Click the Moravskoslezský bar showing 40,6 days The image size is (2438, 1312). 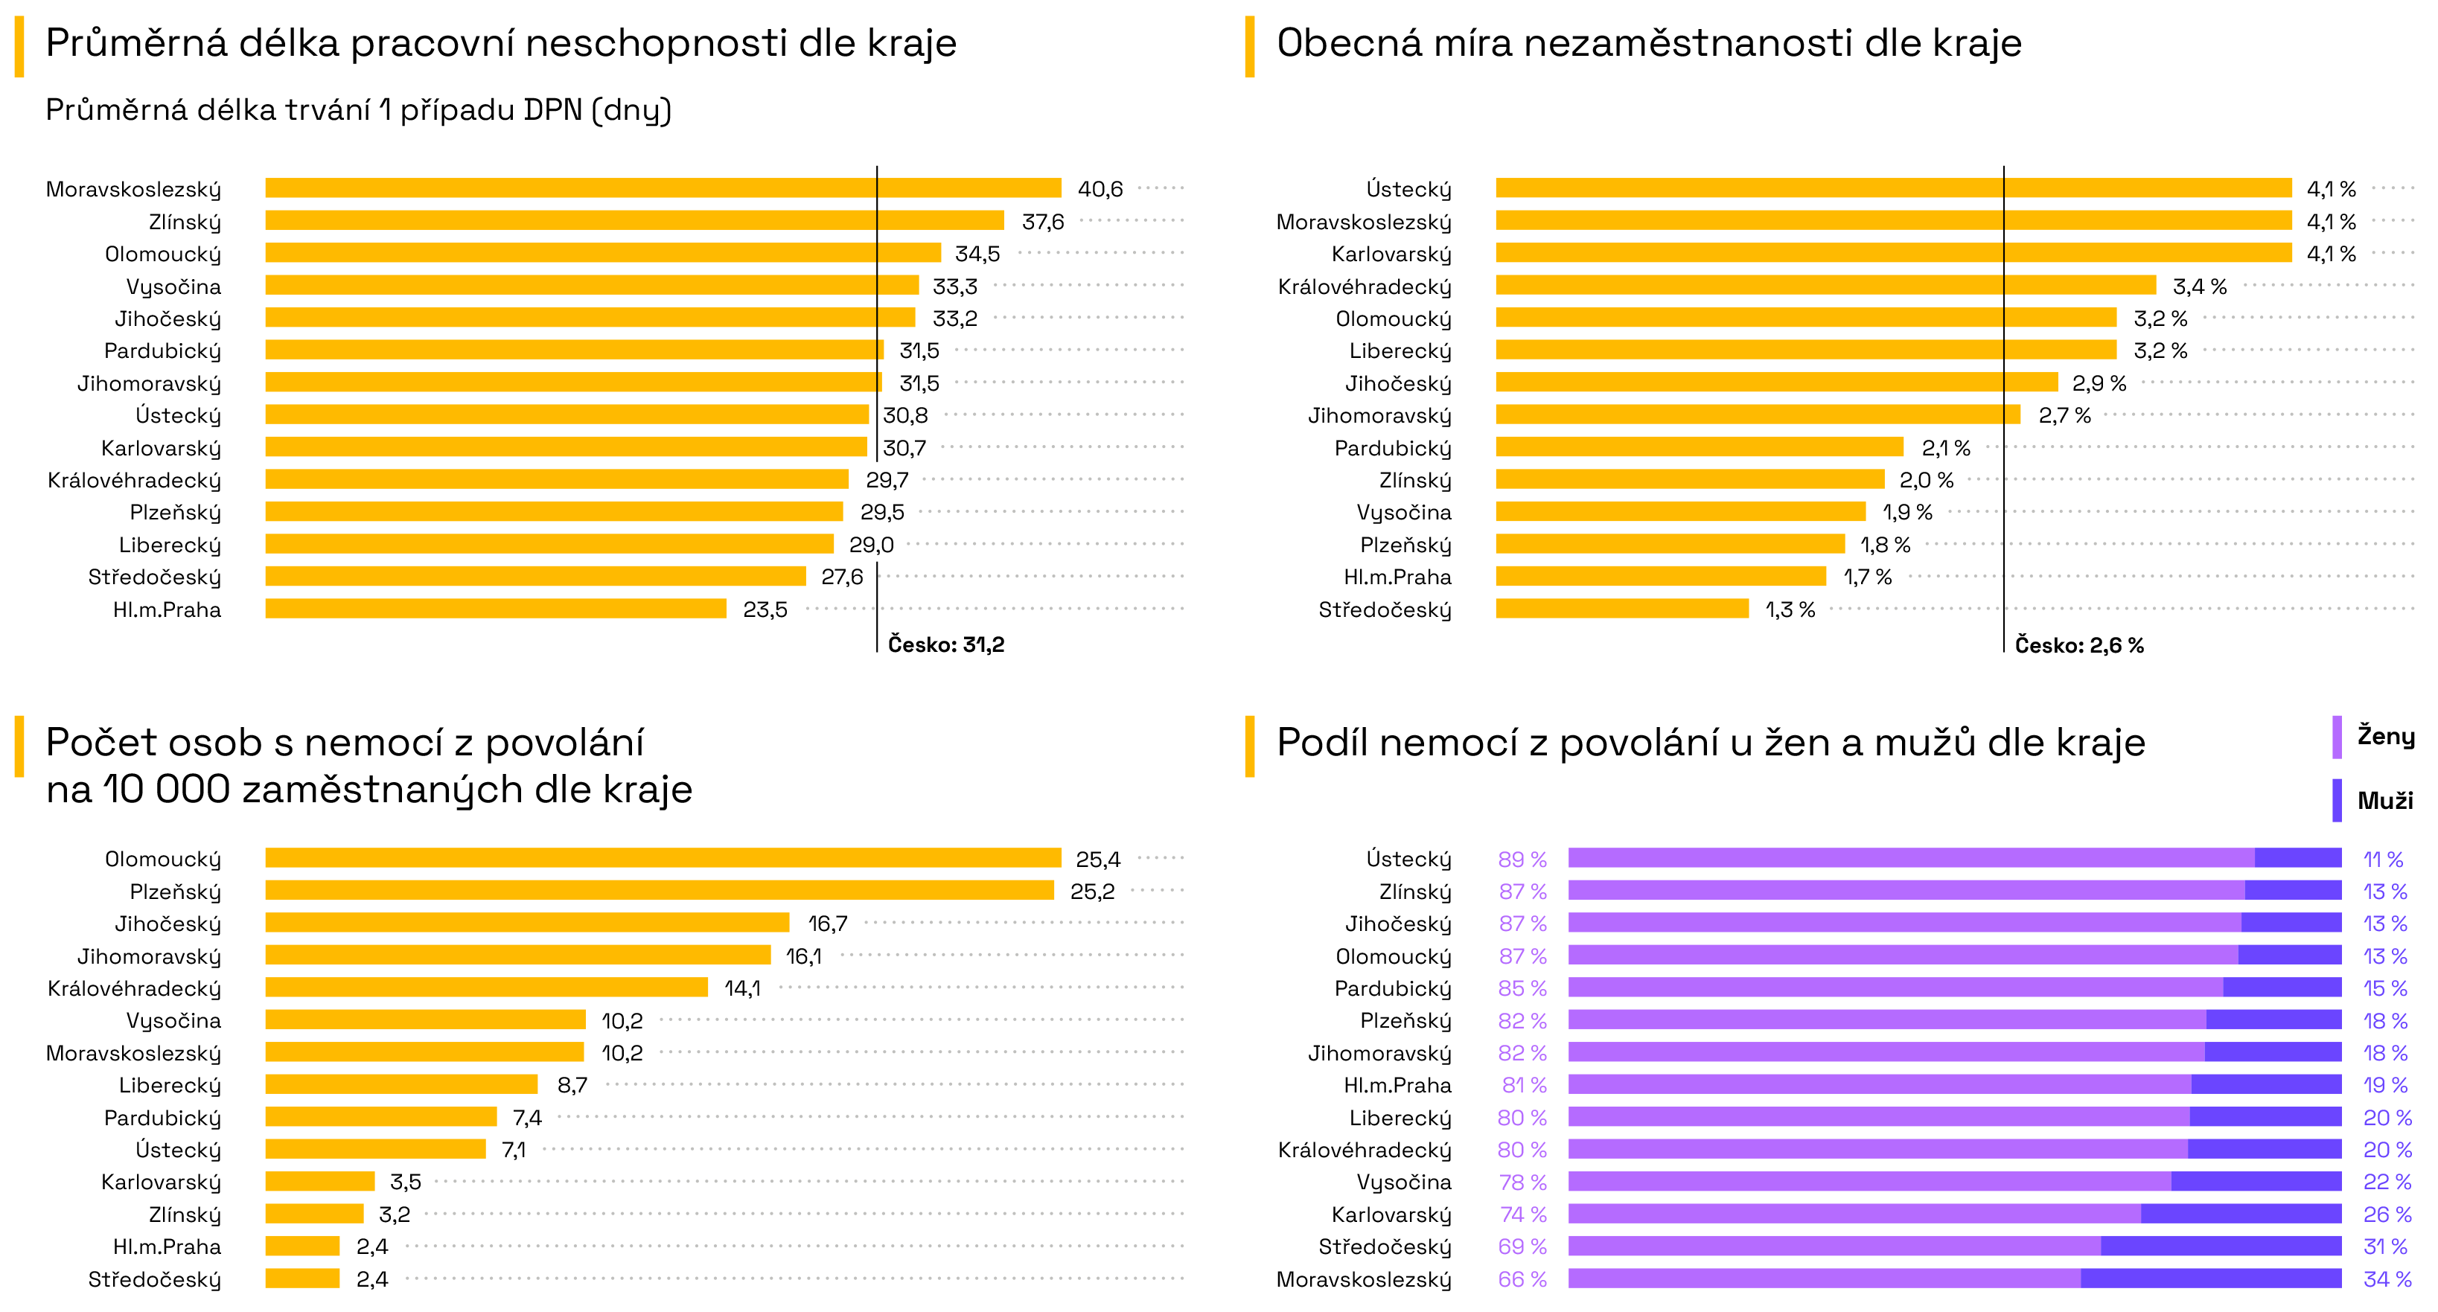663,188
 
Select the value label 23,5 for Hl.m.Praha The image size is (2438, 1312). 765,610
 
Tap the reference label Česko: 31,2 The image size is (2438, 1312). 945,645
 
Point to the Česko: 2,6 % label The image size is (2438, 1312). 2078,646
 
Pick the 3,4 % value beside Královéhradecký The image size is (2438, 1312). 2198,287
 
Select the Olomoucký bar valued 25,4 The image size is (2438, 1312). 663,858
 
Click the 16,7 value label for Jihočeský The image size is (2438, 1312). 827,924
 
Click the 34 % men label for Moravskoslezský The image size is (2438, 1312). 2386,1280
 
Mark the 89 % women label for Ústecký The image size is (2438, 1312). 1522,860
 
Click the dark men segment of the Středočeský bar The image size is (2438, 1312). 2221,1247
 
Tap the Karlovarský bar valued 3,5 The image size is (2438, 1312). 320,1182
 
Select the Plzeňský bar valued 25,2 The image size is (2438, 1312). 659,891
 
